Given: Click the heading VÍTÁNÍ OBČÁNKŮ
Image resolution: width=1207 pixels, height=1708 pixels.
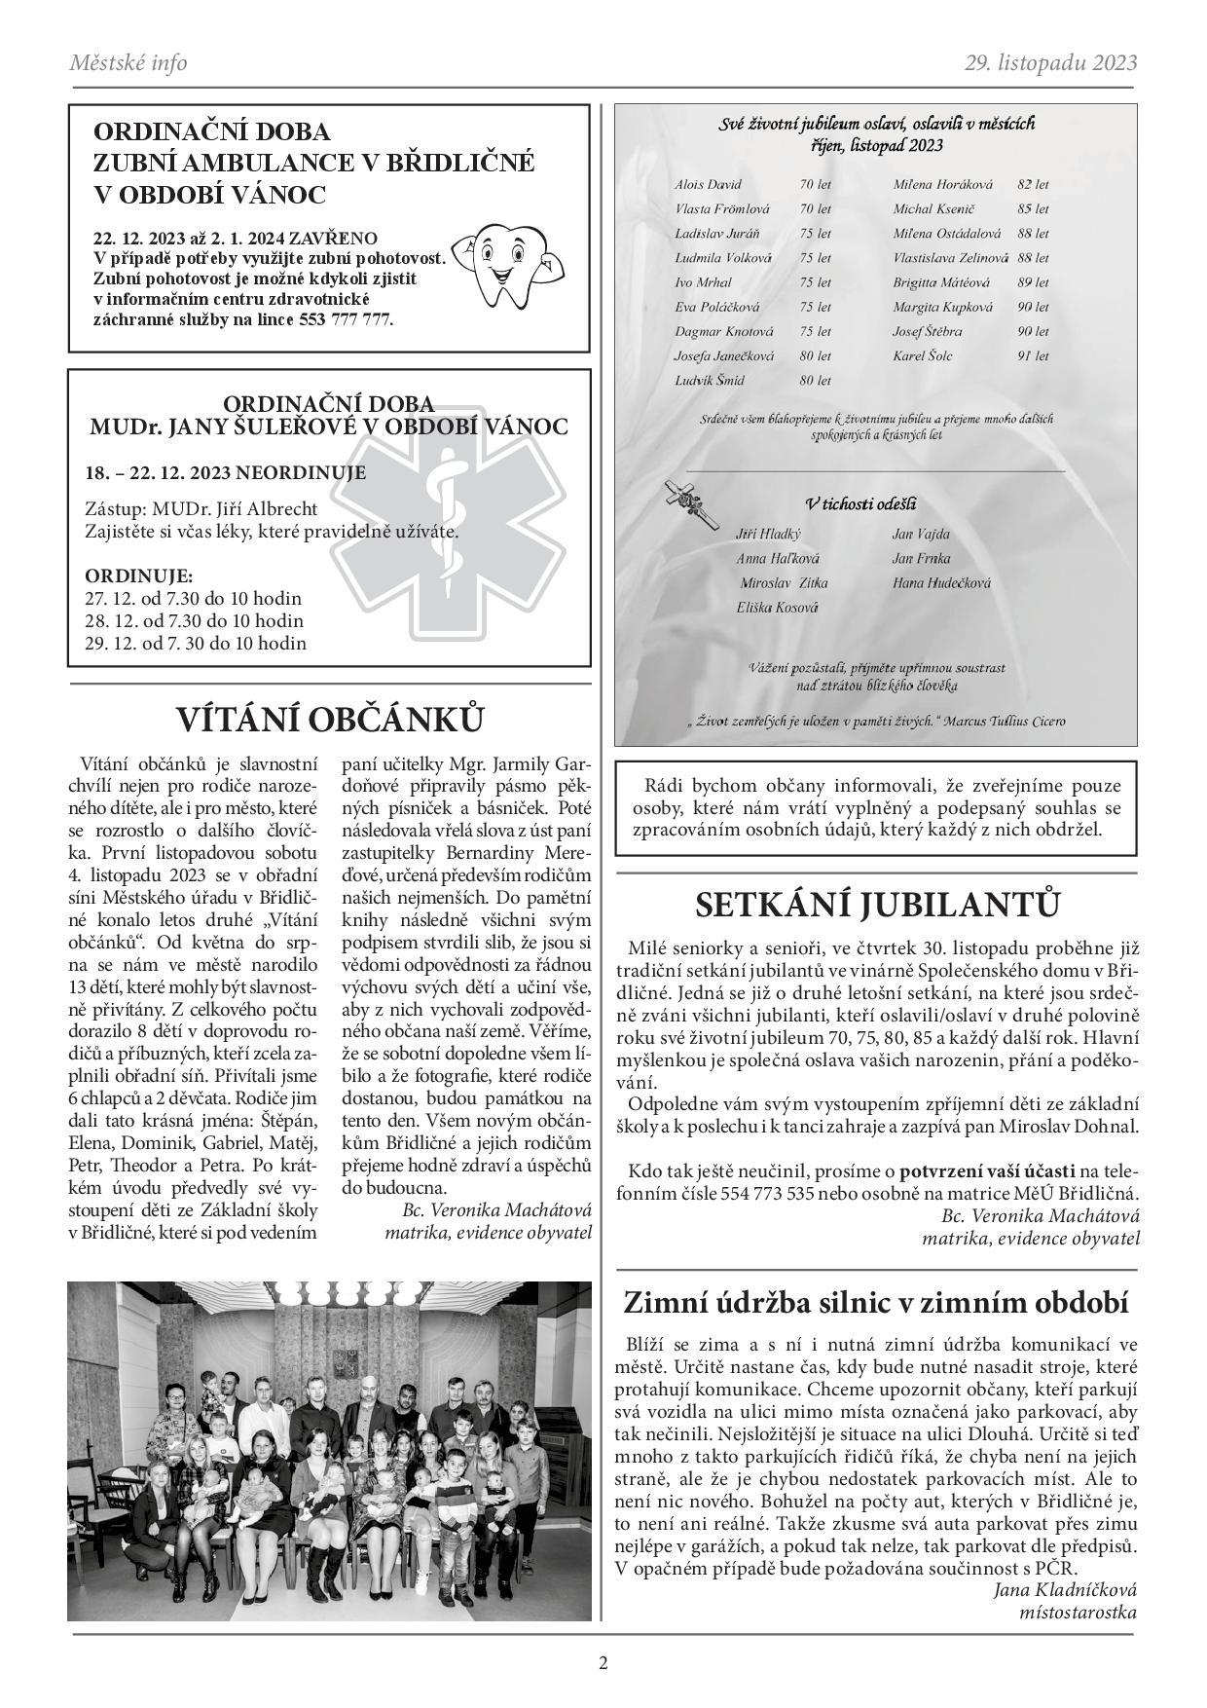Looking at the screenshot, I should [x=329, y=721].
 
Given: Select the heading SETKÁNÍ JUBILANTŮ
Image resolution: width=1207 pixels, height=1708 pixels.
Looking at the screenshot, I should [x=877, y=905].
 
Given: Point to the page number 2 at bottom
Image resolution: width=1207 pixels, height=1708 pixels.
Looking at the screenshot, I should [x=603, y=1662].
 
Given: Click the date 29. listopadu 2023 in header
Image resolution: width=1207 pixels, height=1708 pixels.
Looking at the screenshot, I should [x=1050, y=63].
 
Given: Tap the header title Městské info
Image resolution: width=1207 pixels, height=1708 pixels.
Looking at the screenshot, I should [x=128, y=63].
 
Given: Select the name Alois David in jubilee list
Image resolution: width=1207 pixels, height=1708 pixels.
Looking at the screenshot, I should [x=708, y=184].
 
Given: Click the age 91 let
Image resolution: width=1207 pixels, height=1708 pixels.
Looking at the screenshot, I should [x=1033, y=356].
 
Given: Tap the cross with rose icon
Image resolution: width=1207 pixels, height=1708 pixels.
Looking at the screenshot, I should [x=685, y=498].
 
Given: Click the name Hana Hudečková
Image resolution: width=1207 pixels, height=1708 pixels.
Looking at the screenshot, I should [x=940, y=583].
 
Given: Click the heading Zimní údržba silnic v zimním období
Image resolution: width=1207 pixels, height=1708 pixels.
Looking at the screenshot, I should [x=876, y=1304].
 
